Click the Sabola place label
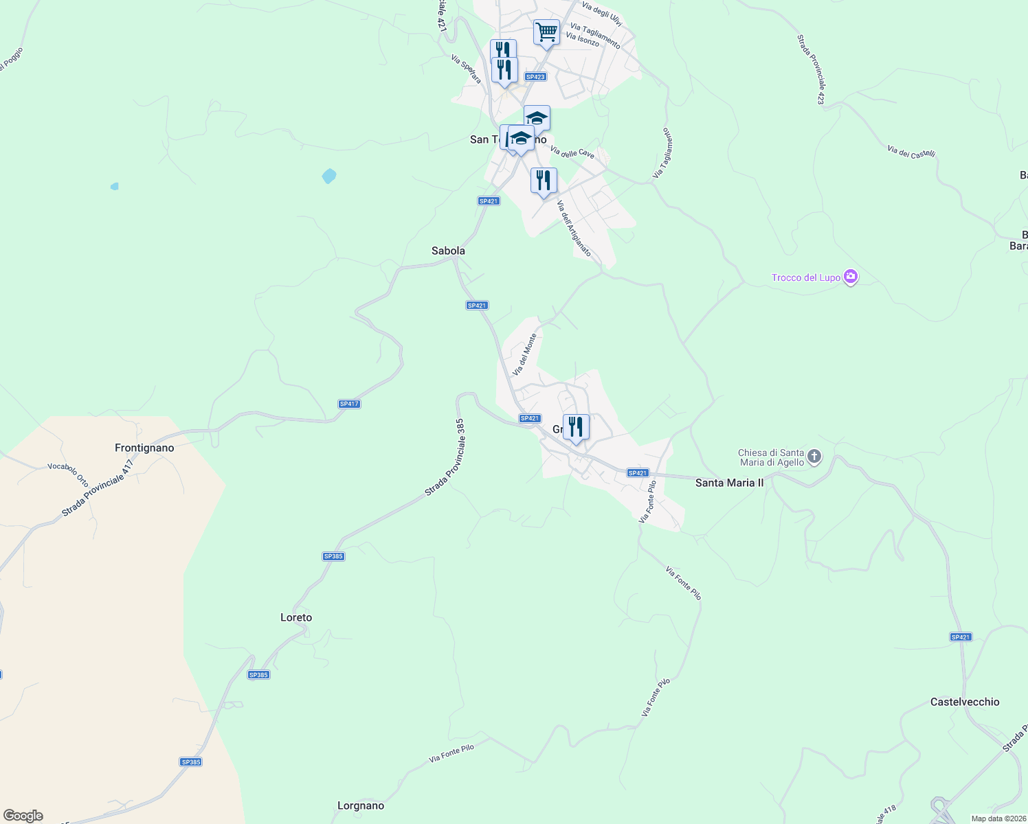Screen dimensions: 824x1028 pos(448,251)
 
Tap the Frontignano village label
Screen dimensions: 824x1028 pos(144,448)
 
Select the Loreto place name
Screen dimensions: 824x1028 pos(296,618)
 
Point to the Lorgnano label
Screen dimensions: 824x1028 pos(361,806)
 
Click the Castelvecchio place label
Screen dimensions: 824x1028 pos(965,702)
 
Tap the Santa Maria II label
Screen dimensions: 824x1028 pos(729,483)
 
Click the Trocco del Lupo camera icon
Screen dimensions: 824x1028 pos(851,277)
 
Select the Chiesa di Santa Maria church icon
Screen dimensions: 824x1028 pos(814,457)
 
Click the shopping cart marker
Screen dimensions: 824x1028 pos(546,32)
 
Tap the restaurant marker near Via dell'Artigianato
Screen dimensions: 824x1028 pos(544,181)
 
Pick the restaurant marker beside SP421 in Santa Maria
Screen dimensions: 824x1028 pos(576,427)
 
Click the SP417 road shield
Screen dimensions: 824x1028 pos(349,404)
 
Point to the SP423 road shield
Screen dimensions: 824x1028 pos(535,77)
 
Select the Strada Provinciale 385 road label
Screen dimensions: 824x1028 pos(445,458)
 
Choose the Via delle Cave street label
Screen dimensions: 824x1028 pos(572,152)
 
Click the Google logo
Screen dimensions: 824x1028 pos(23,816)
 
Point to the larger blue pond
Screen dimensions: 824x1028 pos(329,176)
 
